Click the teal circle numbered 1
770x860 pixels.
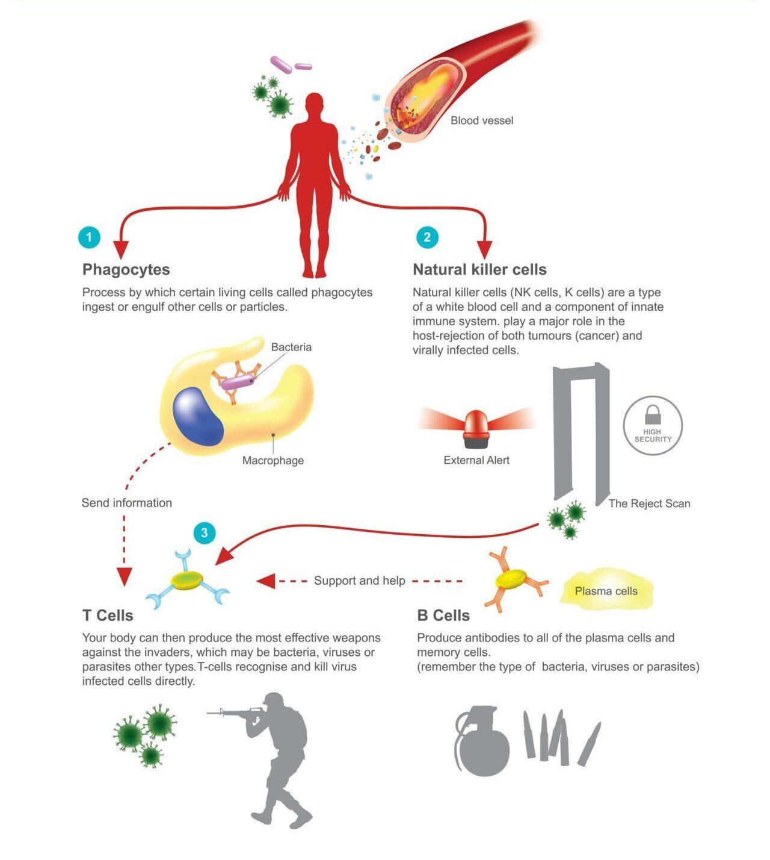[89, 237]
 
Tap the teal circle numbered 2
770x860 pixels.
[427, 237]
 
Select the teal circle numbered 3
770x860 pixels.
[205, 532]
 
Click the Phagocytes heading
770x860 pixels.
[126, 269]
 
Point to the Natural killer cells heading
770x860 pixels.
[479, 269]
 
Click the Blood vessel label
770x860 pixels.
[482, 120]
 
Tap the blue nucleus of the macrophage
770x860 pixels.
[198, 416]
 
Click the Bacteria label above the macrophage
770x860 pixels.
[291, 347]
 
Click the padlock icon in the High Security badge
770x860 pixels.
[653, 415]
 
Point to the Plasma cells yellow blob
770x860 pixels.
[606, 591]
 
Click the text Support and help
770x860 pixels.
[360, 581]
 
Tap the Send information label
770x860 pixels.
[127, 503]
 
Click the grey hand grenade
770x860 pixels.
[482, 744]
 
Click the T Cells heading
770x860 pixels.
[108, 615]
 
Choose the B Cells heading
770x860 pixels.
[443, 615]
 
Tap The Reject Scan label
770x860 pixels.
[649, 503]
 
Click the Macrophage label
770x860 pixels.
[273, 461]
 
